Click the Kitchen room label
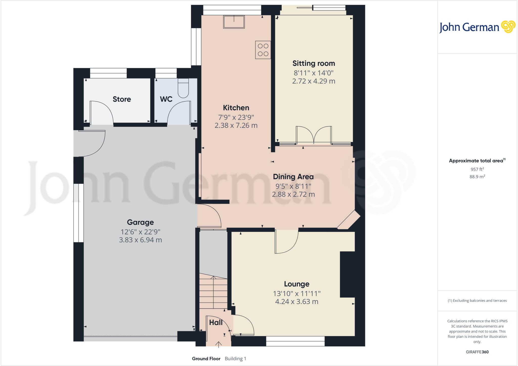pyautogui.click(x=236, y=108)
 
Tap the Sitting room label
pyautogui.click(x=314, y=63)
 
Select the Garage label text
pyautogui.click(x=140, y=222)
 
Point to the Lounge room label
pyautogui.click(x=296, y=284)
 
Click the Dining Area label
pyautogui.click(x=293, y=177)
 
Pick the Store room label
pyautogui.click(x=122, y=99)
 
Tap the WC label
pyautogui.click(x=166, y=99)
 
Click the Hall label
pyautogui.click(x=216, y=322)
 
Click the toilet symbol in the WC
pyautogui.click(x=183, y=89)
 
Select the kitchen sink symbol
pyautogui.click(x=234, y=22)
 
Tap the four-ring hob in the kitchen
pyautogui.click(x=263, y=50)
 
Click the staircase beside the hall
pyautogui.click(x=213, y=291)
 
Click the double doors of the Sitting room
pyautogui.click(x=314, y=135)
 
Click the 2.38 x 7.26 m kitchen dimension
pyautogui.click(x=236, y=126)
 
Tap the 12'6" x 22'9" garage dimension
pyautogui.click(x=140, y=232)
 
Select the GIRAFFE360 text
pyautogui.click(x=477, y=352)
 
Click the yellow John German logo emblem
pyautogui.click(x=508, y=27)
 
